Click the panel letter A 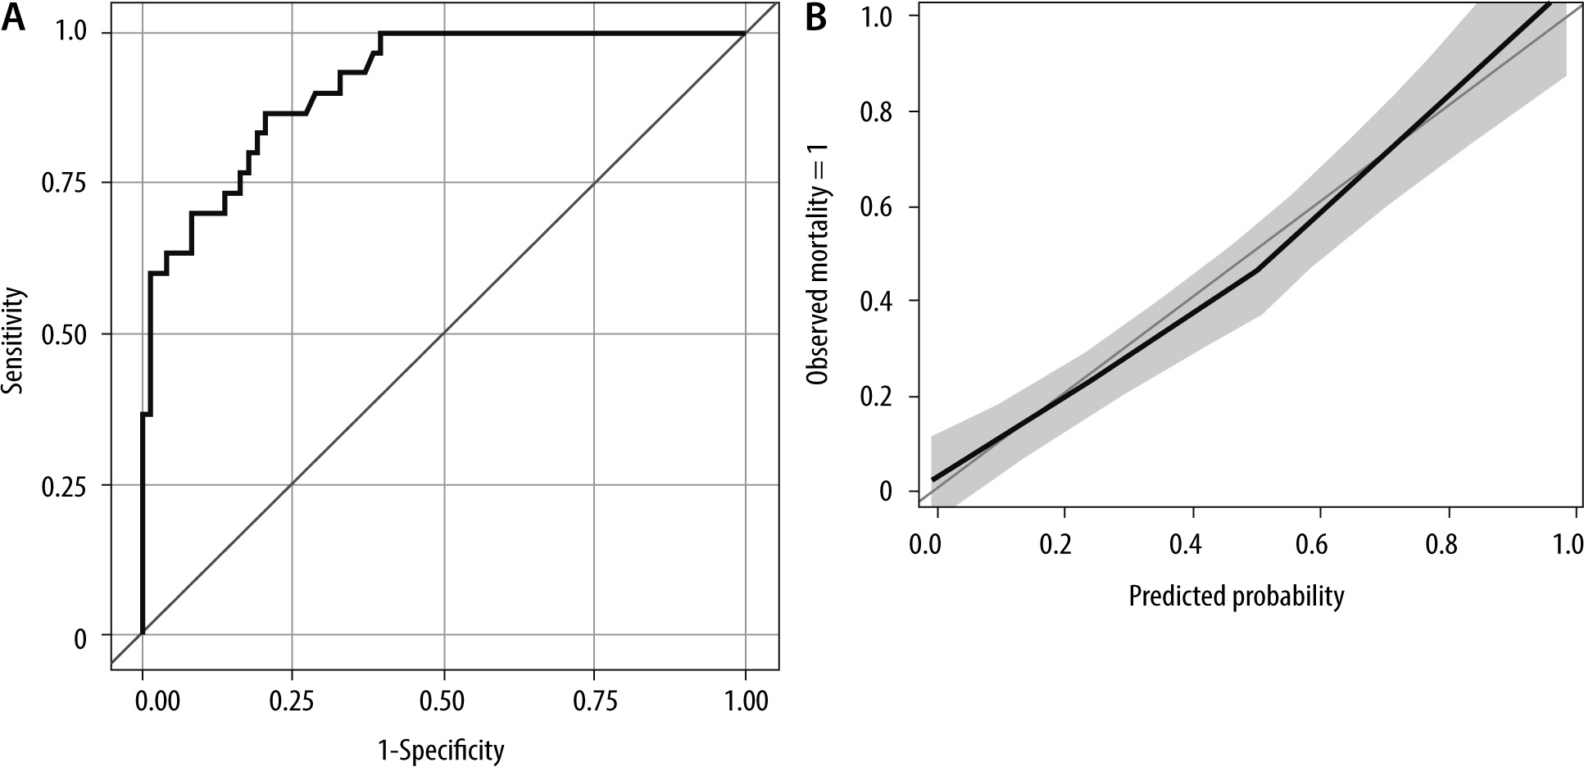point(14,18)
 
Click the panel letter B point(815,18)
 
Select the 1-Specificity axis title point(441,750)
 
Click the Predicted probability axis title point(1236,596)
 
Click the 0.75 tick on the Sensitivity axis point(64,183)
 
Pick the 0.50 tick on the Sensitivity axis point(64,334)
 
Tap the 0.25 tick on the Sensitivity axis point(64,486)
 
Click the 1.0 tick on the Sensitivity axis point(73,34)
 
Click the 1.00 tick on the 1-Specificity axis point(745,701)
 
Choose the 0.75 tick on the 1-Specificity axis point(594,701)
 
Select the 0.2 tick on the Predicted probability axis point(1064,545)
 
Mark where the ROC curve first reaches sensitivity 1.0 point(380,34)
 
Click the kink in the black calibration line point(1256,269)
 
